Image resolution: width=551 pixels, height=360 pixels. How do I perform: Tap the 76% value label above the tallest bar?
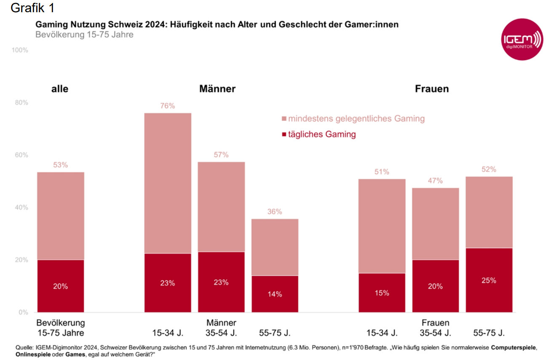pos(167,106)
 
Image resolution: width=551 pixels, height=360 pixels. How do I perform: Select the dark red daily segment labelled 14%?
pos(275,294)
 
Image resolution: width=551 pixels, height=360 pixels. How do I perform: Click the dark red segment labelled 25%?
pos(489,280)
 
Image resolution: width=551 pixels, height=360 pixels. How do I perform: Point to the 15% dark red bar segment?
pos(382,293)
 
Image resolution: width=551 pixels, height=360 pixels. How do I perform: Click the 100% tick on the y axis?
pos(20,50)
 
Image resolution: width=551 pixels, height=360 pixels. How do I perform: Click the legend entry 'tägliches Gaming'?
pos(319,134)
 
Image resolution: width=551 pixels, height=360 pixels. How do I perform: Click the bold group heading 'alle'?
pos(60,89)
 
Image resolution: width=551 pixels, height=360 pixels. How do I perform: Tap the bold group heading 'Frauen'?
pos(432,89)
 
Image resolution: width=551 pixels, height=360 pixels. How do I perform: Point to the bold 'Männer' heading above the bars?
pos(217,89)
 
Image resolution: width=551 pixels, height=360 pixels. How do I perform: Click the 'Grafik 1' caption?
pos(32,8)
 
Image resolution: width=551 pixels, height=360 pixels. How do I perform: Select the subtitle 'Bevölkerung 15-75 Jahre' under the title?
pos(85,35)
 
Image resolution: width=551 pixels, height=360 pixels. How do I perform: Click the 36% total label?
pos(275,211)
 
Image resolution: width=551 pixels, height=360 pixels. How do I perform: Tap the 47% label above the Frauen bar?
pos(435,181)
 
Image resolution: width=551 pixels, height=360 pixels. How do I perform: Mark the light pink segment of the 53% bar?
pos(60,216)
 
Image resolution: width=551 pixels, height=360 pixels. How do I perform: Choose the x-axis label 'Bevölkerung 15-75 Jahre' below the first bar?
pos(61,328)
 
